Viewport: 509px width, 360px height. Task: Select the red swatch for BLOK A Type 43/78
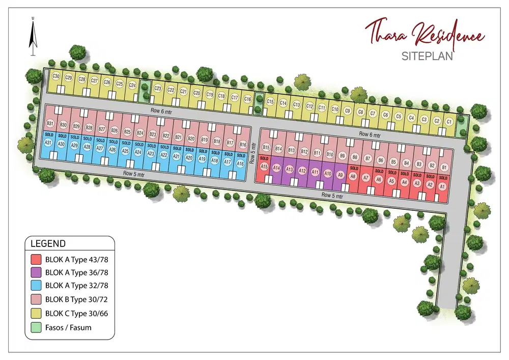(x=36, y=259)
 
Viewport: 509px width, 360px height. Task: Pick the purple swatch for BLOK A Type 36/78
(x=36, y=272)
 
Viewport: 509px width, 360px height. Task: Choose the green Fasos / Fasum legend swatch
(x=36, y=327)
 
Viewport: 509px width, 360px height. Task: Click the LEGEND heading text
(x=48, y=244)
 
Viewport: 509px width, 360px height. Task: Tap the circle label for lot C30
(x=56, y=76)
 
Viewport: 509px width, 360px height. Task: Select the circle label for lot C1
(x=449, y=122)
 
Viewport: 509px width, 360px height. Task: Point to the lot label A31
(x=48, y=143)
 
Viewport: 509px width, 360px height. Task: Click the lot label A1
(x=442, y=187)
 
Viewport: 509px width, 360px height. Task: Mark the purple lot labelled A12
(x=302, y=171)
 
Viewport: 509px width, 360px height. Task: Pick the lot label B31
(x=50, y=124)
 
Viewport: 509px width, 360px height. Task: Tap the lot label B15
(x=266, y=148)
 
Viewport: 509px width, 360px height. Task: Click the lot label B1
(x=444, y=167)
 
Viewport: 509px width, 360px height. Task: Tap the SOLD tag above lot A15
(x=264, y=158)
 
